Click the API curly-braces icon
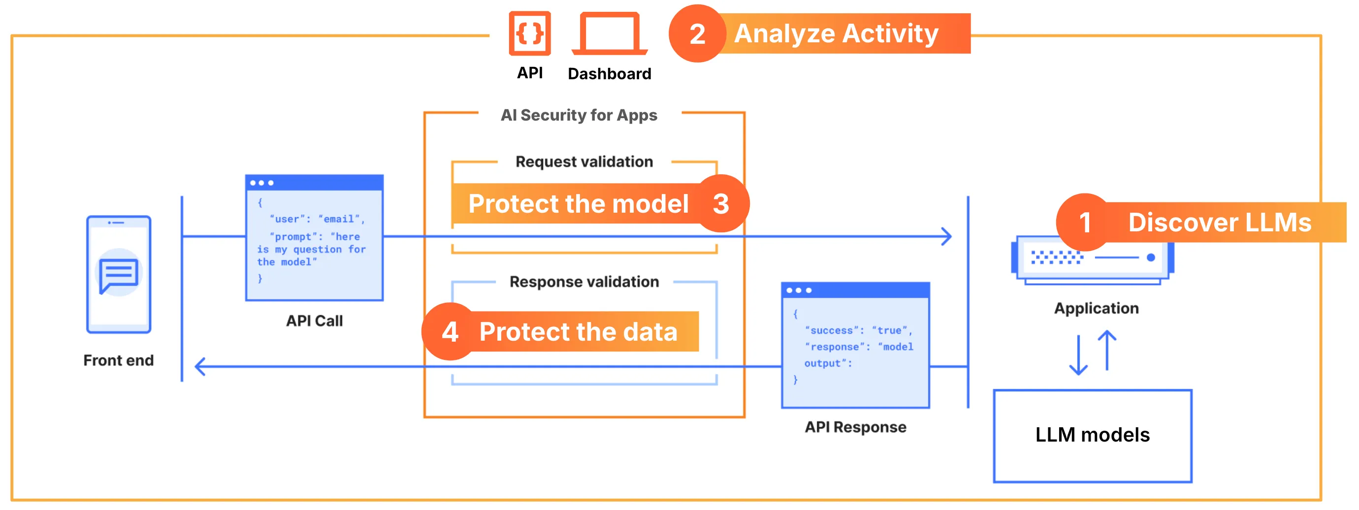[530, 33]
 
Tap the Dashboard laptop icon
[610, 33]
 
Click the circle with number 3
[721, 204]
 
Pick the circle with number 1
[1085, 222]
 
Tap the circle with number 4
[450, 332]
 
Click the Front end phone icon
[119, 274]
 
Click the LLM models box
[1092, 435]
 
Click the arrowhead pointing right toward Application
[947, 236]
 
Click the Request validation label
[584, 161]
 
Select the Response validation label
[584, 282]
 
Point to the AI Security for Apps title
[579, 115]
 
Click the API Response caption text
[855, 427]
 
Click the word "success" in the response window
[832, 330]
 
